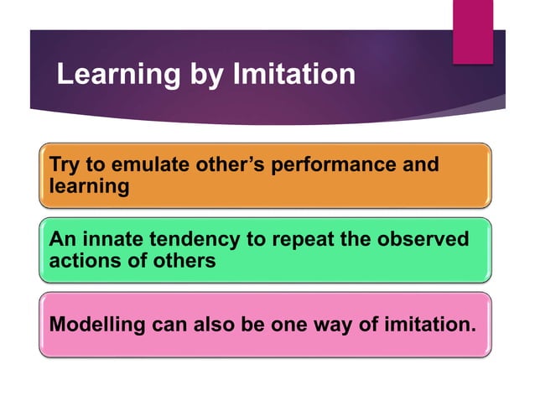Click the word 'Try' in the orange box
coord(64,164)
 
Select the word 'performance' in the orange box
coord(337,164)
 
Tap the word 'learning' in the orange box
coord(90,186)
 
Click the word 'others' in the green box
coord(181,261)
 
